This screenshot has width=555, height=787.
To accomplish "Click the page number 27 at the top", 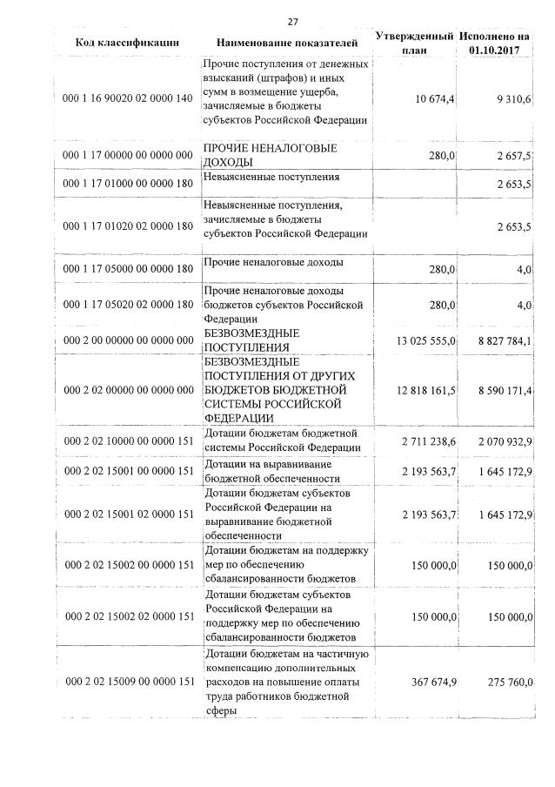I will pos(293,22).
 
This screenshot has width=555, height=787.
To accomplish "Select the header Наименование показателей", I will pos(287,42).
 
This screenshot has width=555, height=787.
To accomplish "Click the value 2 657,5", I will pos(514,154).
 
